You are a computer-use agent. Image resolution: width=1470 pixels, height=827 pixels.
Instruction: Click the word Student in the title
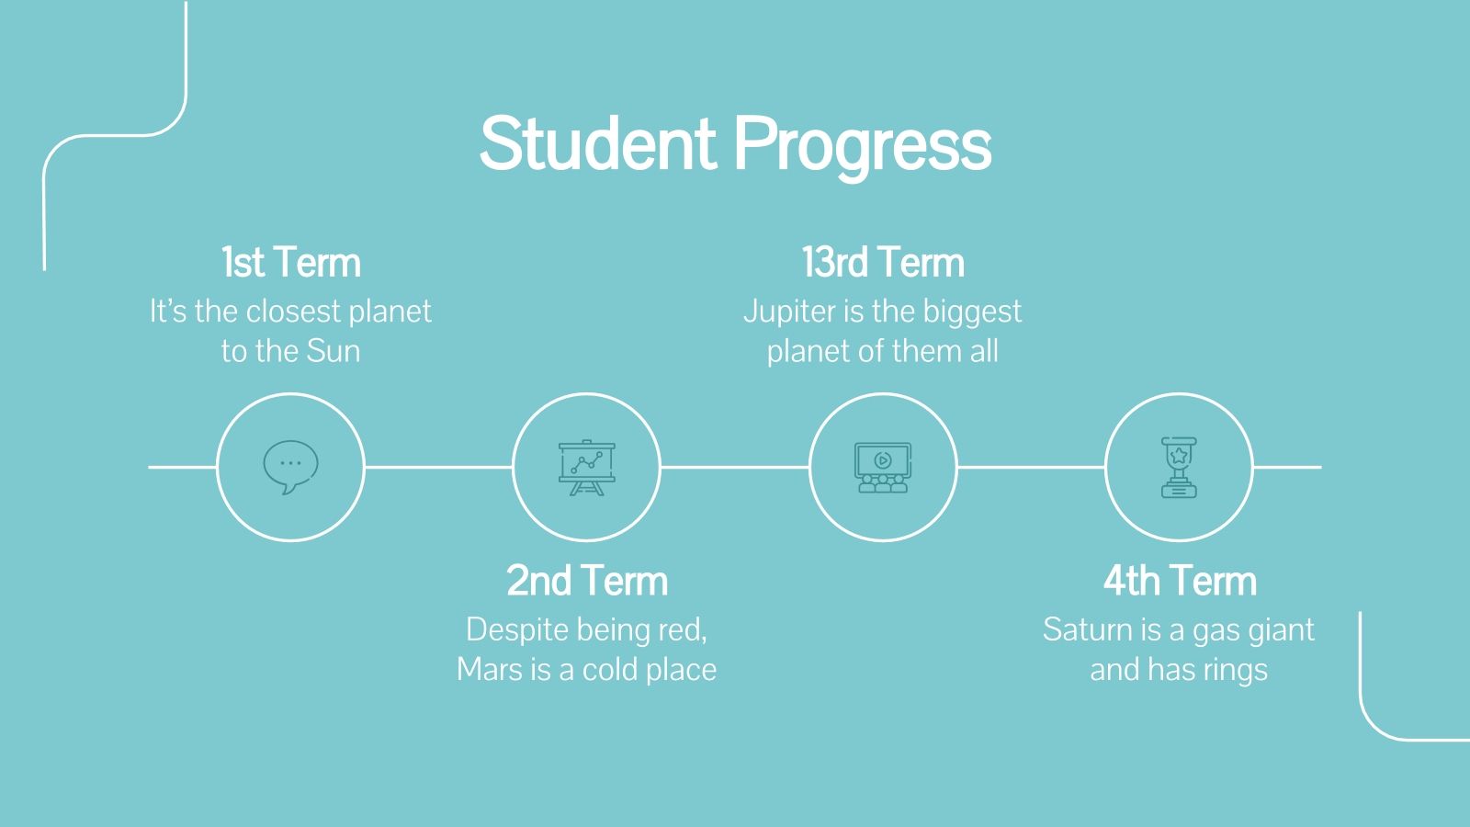click(597, 144)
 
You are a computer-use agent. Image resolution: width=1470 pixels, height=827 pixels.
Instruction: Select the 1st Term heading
click(290, 263)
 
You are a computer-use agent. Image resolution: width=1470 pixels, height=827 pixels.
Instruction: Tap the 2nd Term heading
click(587, 581)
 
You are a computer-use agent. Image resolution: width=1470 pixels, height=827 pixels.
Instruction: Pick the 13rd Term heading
click(883, 263)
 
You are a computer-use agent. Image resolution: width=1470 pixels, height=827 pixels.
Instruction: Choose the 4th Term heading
click(1180, 581)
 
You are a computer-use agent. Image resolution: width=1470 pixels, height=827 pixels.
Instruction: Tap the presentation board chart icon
click(586, 468)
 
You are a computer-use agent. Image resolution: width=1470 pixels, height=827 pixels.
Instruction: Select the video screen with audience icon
click(883, 468)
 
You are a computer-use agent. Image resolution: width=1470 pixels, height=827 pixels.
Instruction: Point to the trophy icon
click(1179, 468)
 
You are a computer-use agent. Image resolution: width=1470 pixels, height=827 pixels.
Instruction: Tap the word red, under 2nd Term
click(683, 629)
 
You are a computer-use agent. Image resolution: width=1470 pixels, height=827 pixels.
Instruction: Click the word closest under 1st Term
click(294, 312)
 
